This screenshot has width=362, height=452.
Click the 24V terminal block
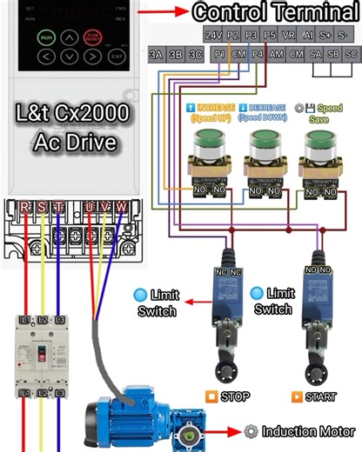click(x=213, y=36)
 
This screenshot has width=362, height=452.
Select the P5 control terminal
click(x=270, y=36)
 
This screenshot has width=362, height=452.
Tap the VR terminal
click(x=289, y=36)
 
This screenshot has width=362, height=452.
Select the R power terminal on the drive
click(x=25, y=207)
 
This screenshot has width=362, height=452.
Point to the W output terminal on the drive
click(x=121, y=207)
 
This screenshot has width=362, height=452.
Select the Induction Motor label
click(x=308, y=431)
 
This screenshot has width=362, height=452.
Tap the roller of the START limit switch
click(x=316, y=370)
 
